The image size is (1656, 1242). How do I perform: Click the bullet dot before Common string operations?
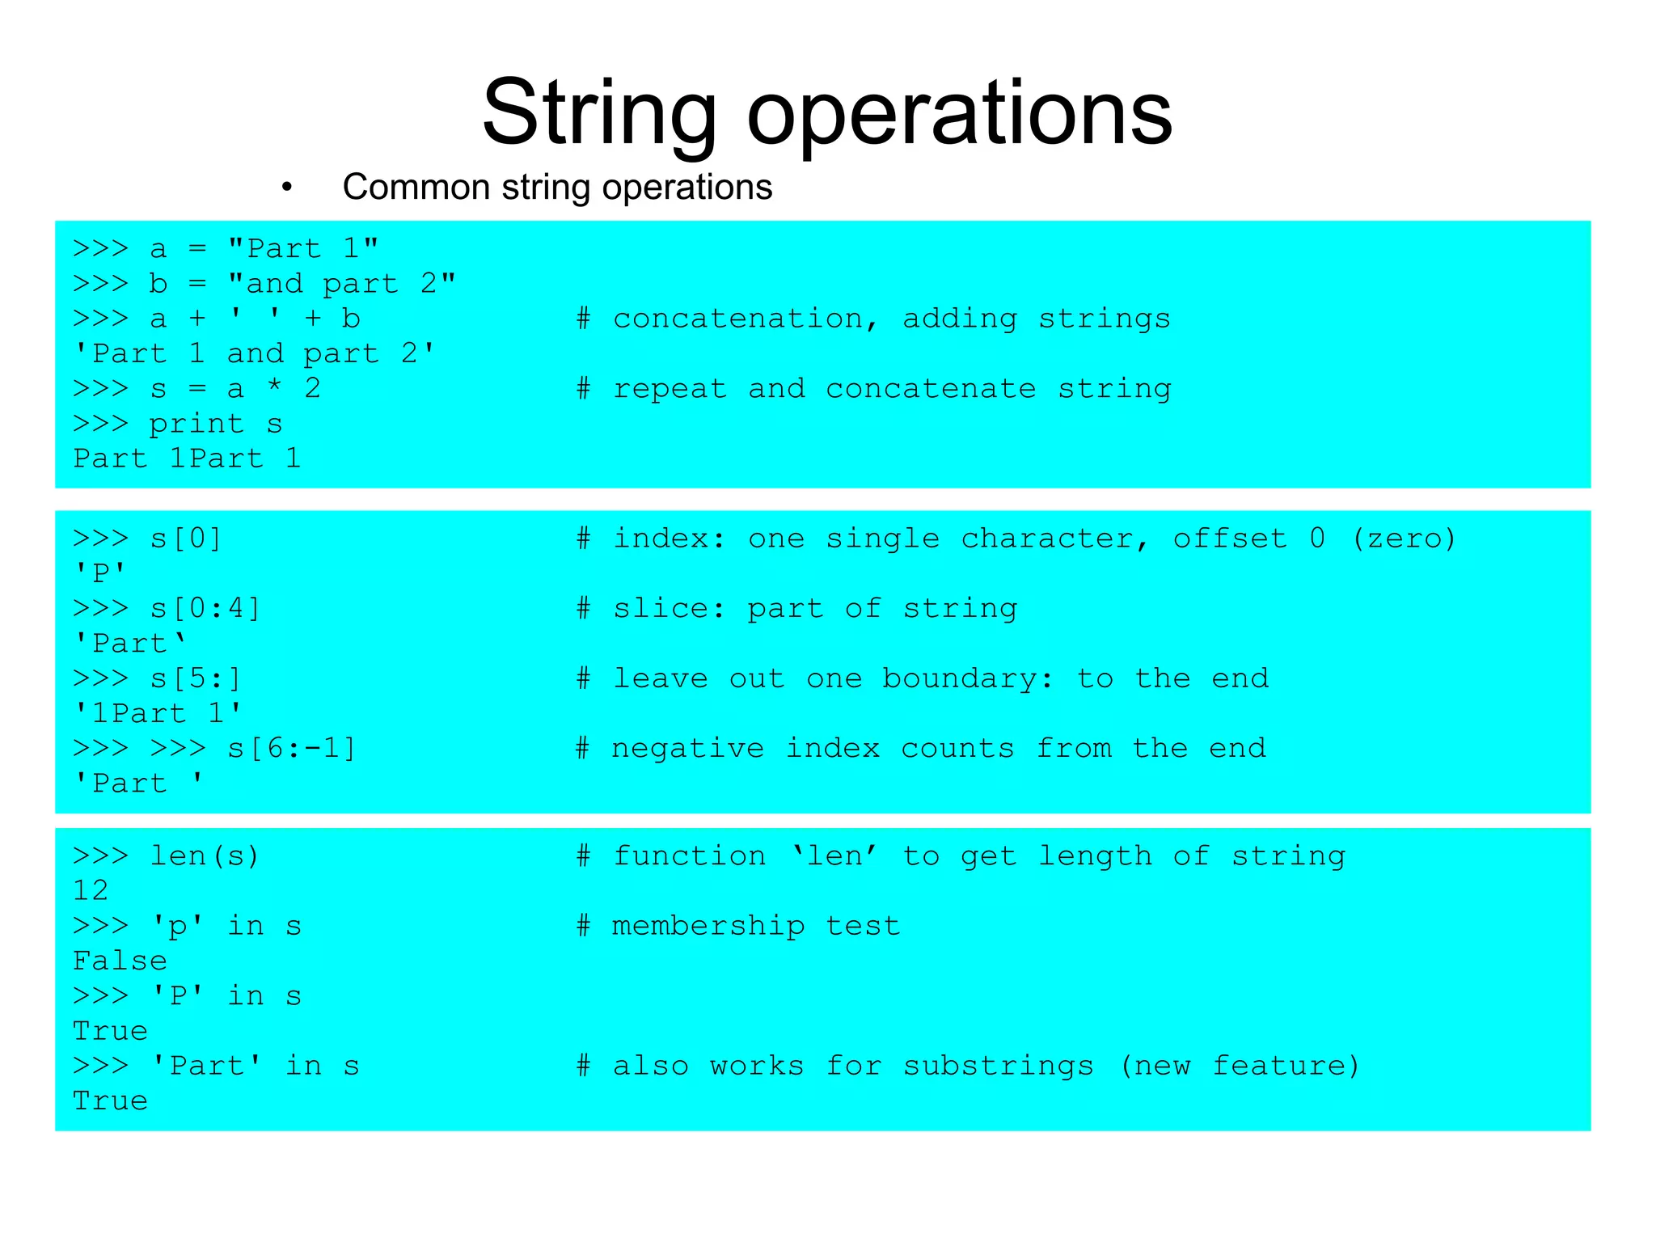(x=286, y=188)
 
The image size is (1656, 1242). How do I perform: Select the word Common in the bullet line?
(x=416, y=188)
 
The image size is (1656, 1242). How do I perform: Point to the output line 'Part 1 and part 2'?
(x=254, y=353)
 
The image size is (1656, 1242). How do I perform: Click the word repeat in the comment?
(x=670, y=389)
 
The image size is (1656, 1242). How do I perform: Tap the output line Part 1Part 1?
(x=187, y=458)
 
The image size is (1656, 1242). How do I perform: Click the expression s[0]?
(x=186, y=539)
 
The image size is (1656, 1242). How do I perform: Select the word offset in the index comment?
(x=1230, y=539)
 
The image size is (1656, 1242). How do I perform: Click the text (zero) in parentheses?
(x=1404, y=539)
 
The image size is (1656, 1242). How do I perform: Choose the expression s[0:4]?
(x=205, y=608)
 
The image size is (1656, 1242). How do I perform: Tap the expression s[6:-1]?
(x=291, y=748)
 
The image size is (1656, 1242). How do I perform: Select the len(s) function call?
(x=205, y=855)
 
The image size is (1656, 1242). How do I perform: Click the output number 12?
(x=91, y=890)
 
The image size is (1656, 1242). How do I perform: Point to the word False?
(x=120, y=961)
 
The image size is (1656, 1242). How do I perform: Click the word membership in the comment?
(x=708, y=926)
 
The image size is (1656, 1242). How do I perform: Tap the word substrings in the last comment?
(x=998, y=1066)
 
